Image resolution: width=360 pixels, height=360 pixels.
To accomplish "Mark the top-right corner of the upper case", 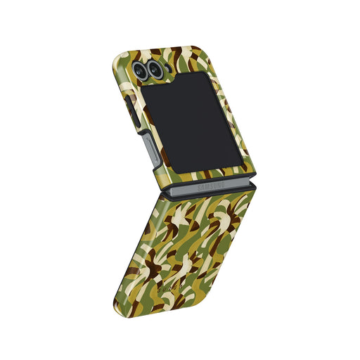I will coord(195,49).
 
